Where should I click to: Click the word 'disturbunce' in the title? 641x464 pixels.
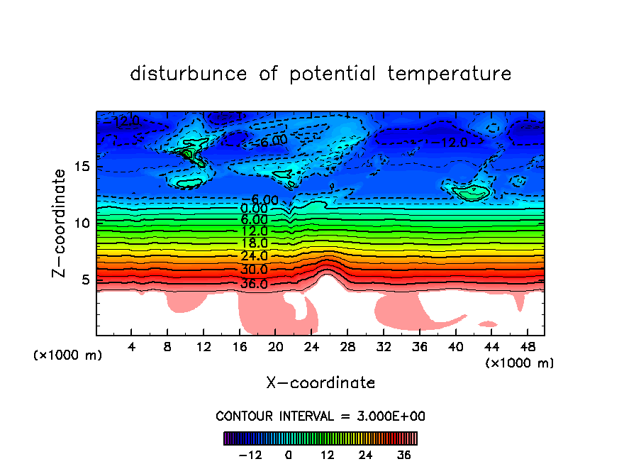click(189, 74)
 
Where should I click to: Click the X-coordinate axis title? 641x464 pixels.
click(320, 383)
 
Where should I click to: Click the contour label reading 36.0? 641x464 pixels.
click(254, 284)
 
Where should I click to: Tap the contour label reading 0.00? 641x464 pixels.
click(254, 209)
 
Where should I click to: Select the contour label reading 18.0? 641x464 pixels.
click(254, 243)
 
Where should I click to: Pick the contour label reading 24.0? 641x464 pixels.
click(254, 256)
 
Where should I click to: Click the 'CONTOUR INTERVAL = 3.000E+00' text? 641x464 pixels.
click(320, 416)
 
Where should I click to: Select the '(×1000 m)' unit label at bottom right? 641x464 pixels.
click(520, 363)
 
